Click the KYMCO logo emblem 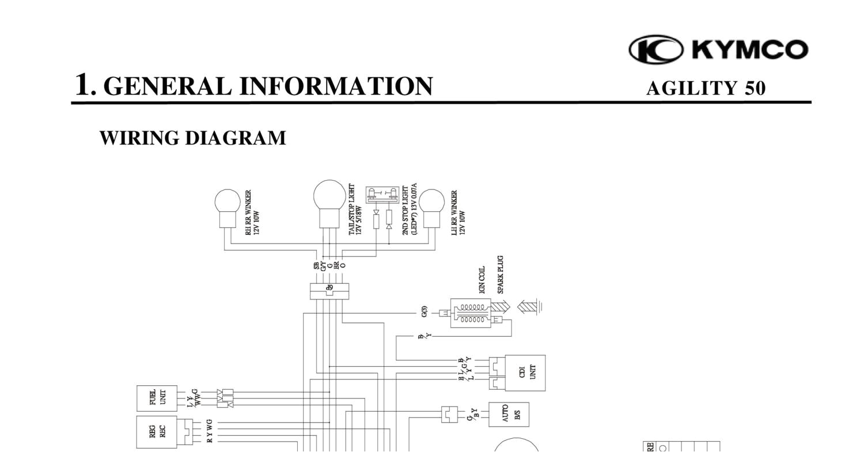656,49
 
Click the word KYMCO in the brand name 750,50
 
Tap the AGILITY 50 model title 706,88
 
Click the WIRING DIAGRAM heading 192,138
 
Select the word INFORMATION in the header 336,86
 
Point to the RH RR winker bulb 227,203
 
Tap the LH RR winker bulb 431,203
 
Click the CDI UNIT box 525,373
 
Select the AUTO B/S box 509,414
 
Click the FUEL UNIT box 157,398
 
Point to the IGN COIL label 482,280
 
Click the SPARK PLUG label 500,275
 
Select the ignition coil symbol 471,313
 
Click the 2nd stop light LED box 382,194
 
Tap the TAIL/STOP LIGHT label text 355,210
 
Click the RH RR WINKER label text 252,212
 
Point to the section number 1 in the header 84,85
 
